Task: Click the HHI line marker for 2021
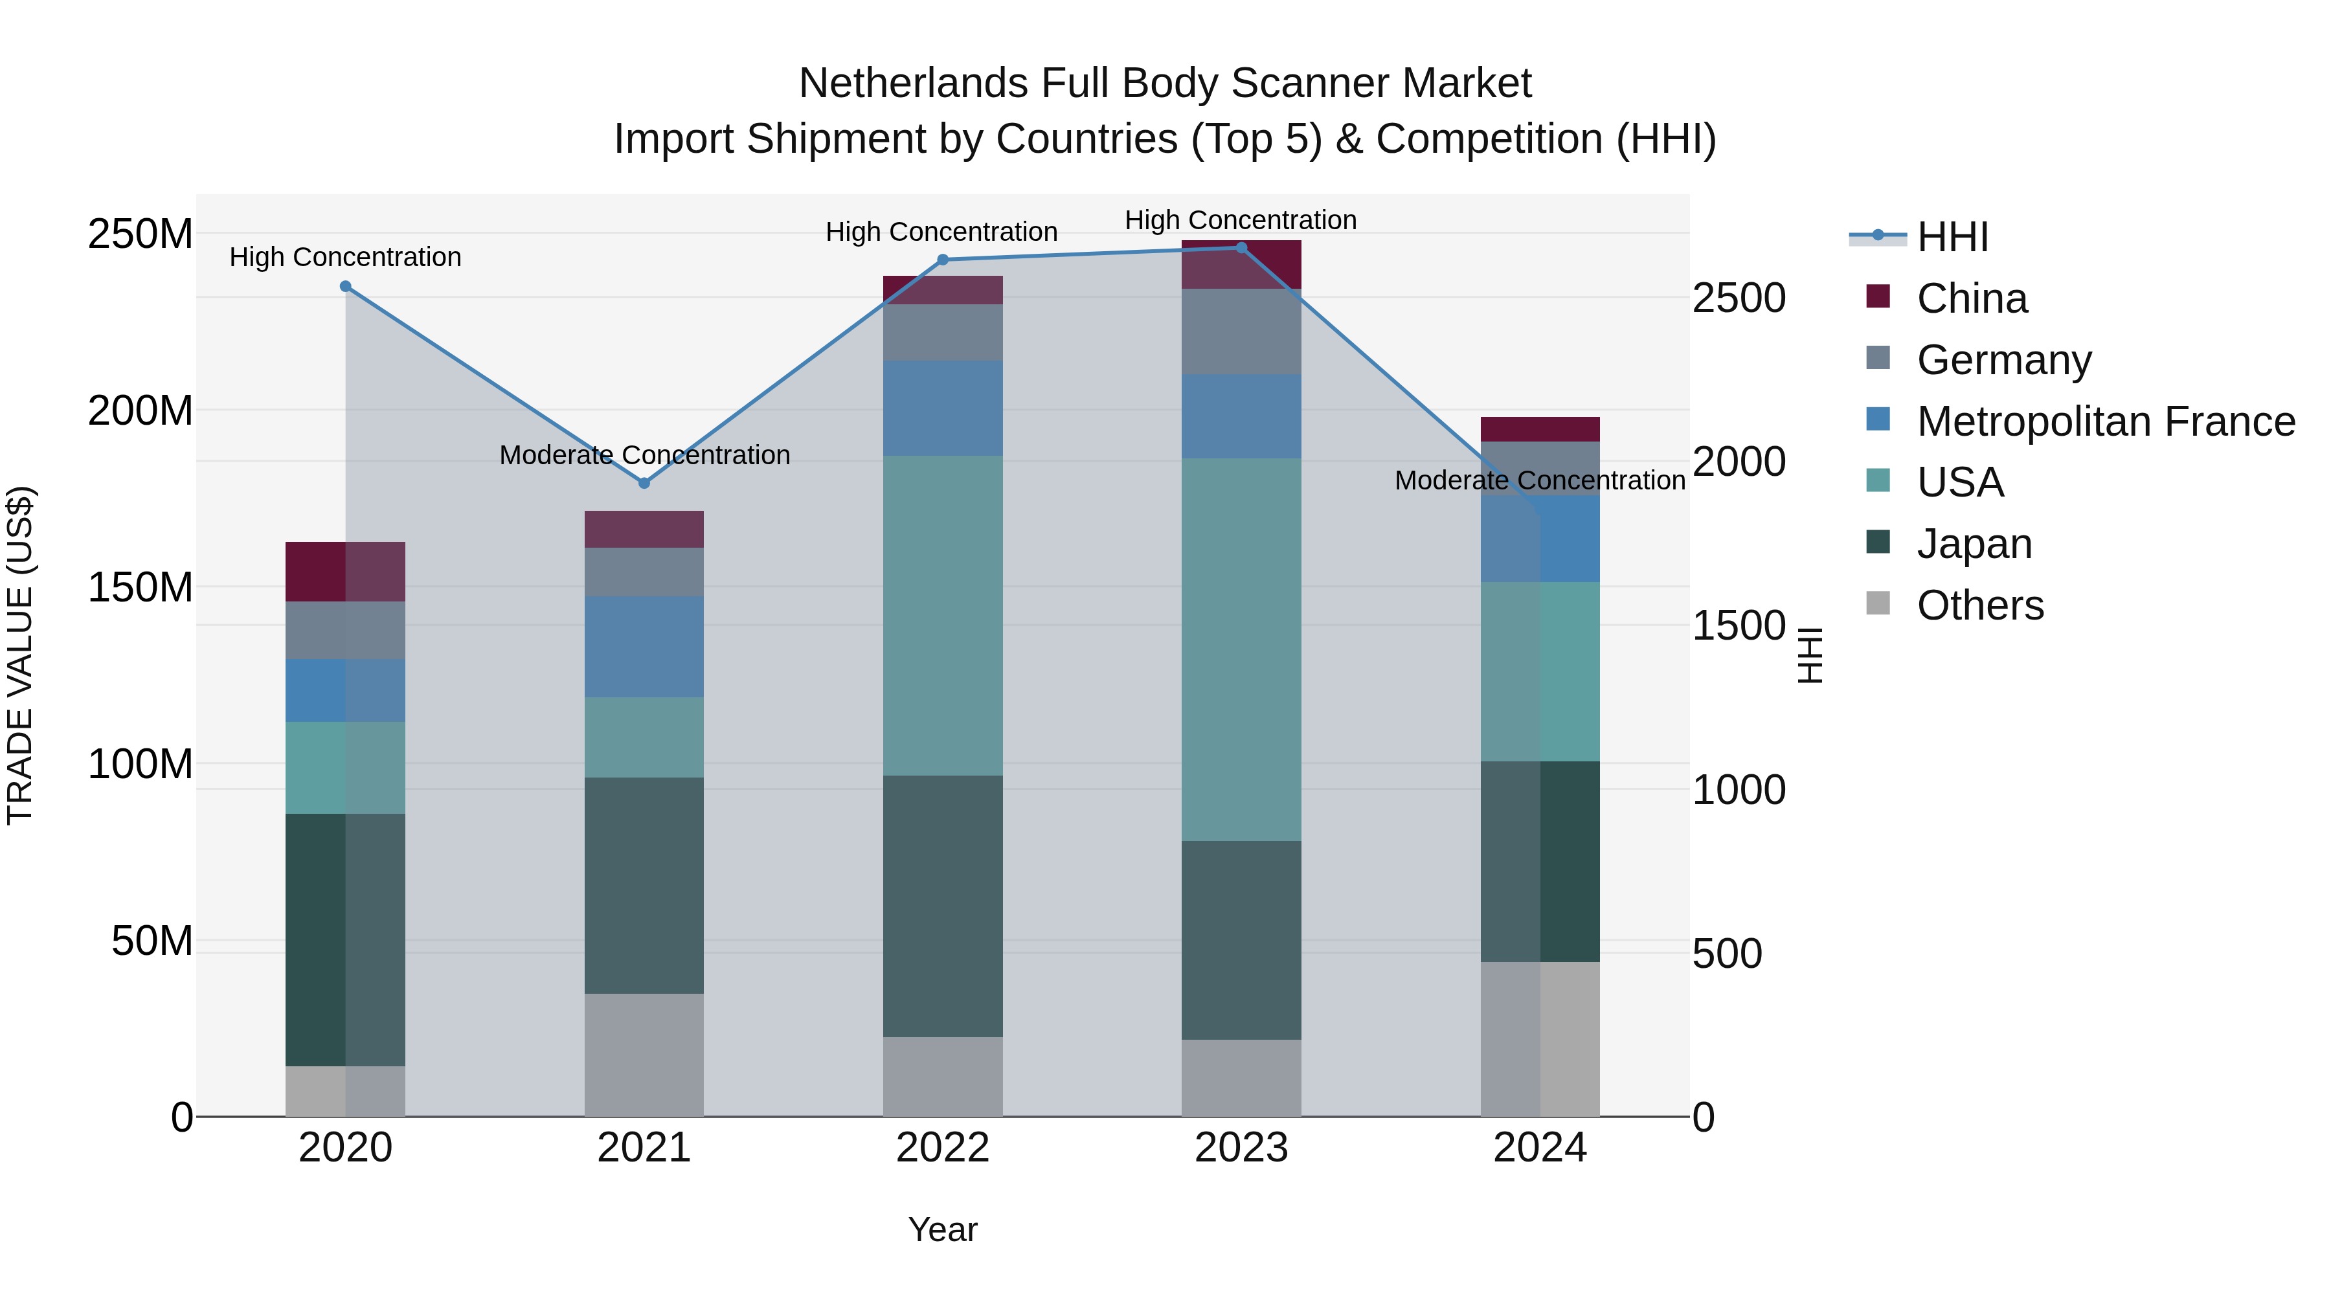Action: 644,483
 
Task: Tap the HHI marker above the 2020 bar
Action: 346,287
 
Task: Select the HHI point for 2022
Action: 943,260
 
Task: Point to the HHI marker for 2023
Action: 1241,248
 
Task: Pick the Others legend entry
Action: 1980,605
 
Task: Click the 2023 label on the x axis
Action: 1241,1148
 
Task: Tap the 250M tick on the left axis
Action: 141,234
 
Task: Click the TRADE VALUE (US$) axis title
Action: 21,655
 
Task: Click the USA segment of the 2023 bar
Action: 1241,649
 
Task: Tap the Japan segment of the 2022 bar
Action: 943,906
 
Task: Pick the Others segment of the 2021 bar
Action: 644,1055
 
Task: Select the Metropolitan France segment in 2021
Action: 644,647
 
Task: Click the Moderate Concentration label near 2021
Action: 644,455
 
